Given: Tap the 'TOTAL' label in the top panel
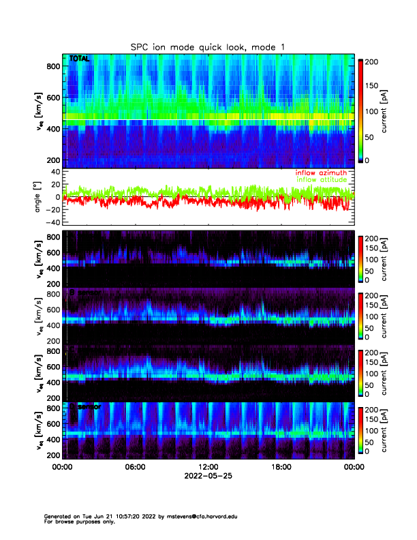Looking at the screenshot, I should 80,59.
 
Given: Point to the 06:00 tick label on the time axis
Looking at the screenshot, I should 135,467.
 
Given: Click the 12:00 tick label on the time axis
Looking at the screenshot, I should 208,467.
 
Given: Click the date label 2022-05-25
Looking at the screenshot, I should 208,476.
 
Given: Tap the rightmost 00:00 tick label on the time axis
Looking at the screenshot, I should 353,467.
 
